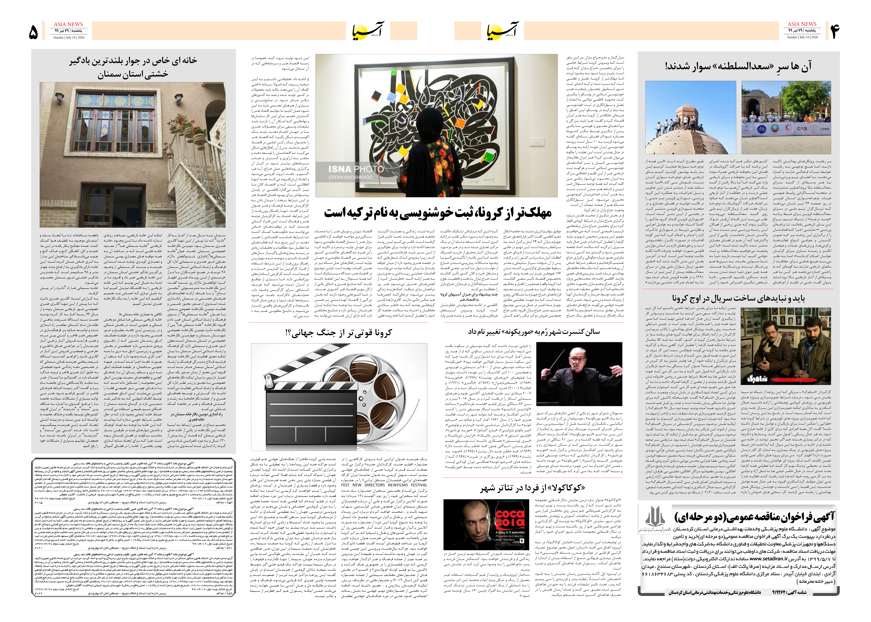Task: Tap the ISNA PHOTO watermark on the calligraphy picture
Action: click(x=355, y=169)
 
